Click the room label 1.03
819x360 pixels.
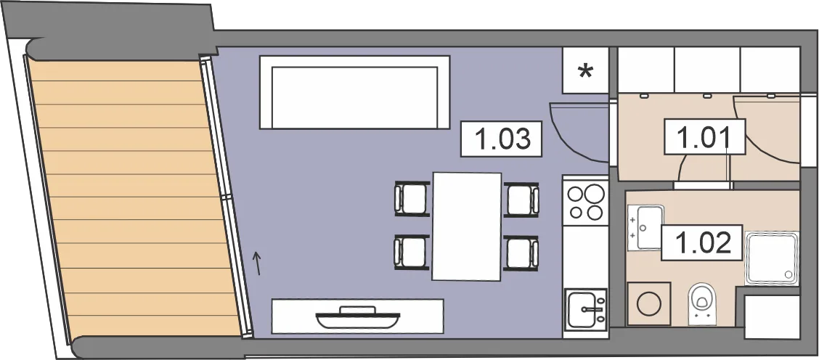[502, 139]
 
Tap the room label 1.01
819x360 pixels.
[704, 136]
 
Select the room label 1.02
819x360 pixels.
[702, 242]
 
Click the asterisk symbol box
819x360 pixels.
[585, 70]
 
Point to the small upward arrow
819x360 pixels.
[256, 263]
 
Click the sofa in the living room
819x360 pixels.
[354, 92]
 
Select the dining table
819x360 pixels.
[467, 226]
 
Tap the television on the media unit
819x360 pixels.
[359, 318]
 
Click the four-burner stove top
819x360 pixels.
[585, 202]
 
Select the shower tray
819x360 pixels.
[772, 258]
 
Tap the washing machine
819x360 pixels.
[649, 303]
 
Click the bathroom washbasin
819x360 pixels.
[645, 227]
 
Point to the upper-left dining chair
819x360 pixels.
[412, 199]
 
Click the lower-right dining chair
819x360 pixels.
[521, 253]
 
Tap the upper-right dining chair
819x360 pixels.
[521, 199]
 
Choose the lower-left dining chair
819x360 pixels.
[412, 253]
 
